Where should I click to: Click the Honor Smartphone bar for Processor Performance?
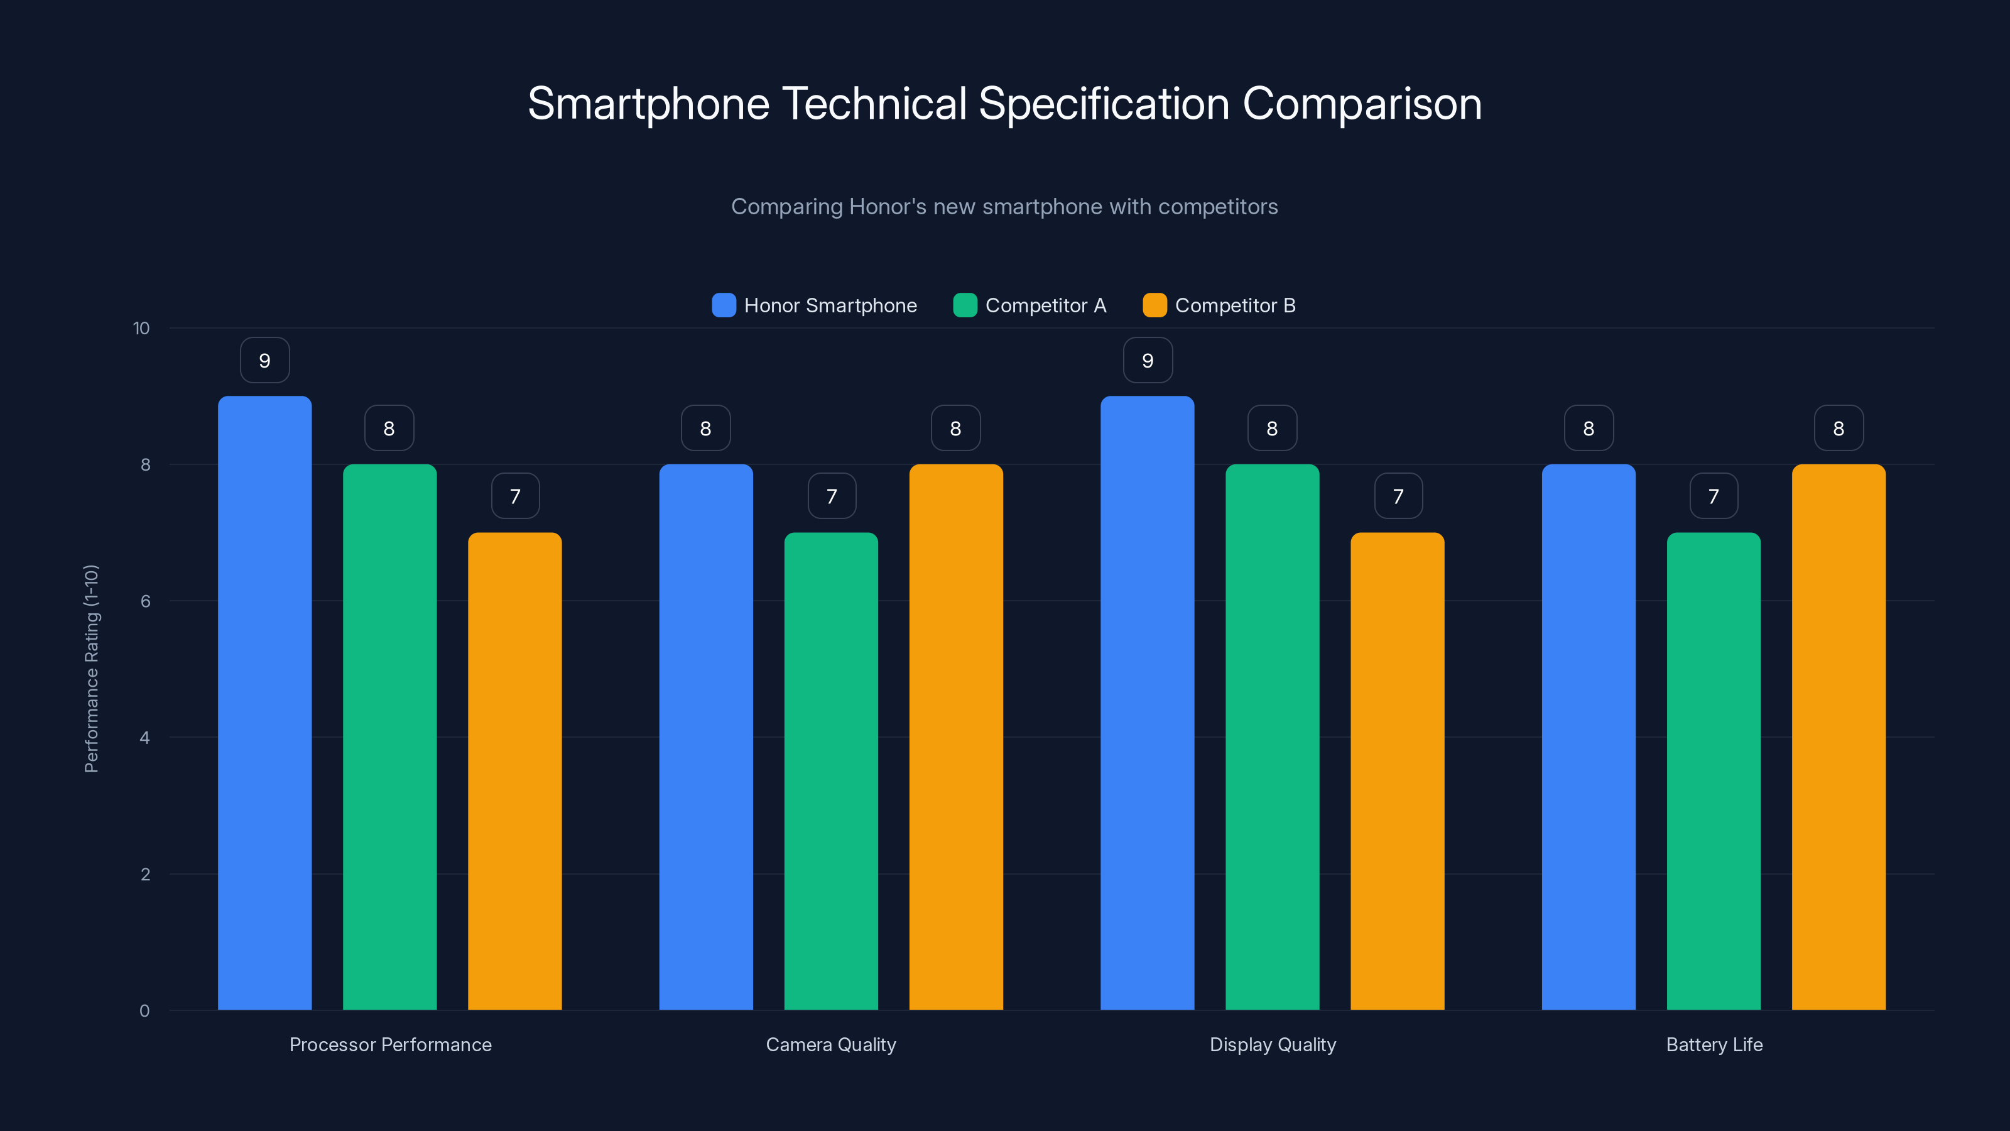[x=264, y=702]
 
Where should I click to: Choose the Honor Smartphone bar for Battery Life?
[x=1588, y=737]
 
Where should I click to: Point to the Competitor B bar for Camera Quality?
[x=956, y=737]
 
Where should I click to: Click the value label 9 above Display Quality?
[x=1147, y=361]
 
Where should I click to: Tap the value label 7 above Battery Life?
[x=1714, y=496]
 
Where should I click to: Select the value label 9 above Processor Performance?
[x=264, y=361]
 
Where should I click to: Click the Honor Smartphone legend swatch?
[x=724, y=305]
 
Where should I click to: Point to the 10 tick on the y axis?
[x=141, y=329]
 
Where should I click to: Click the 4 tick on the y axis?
[x=144, y=738]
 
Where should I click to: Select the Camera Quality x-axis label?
[x=831, y=1044]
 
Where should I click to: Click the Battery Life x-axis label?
[x=1714, y=1044]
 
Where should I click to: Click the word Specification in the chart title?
[x=1104, y=104]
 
